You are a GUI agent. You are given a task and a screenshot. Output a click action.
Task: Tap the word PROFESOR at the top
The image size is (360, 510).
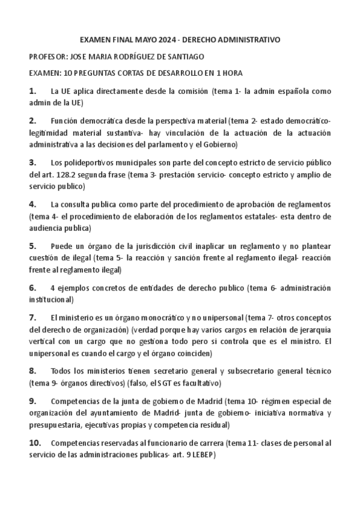coord(48,57)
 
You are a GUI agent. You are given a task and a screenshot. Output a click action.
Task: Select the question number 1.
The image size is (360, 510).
coord(32,91)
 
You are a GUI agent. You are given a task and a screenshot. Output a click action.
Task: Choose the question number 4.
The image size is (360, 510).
coord(32,204)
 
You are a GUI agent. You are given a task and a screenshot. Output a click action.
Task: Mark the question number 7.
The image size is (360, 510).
coord(32,317)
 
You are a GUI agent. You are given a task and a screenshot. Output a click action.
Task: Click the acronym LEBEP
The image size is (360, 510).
coord(200,455)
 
